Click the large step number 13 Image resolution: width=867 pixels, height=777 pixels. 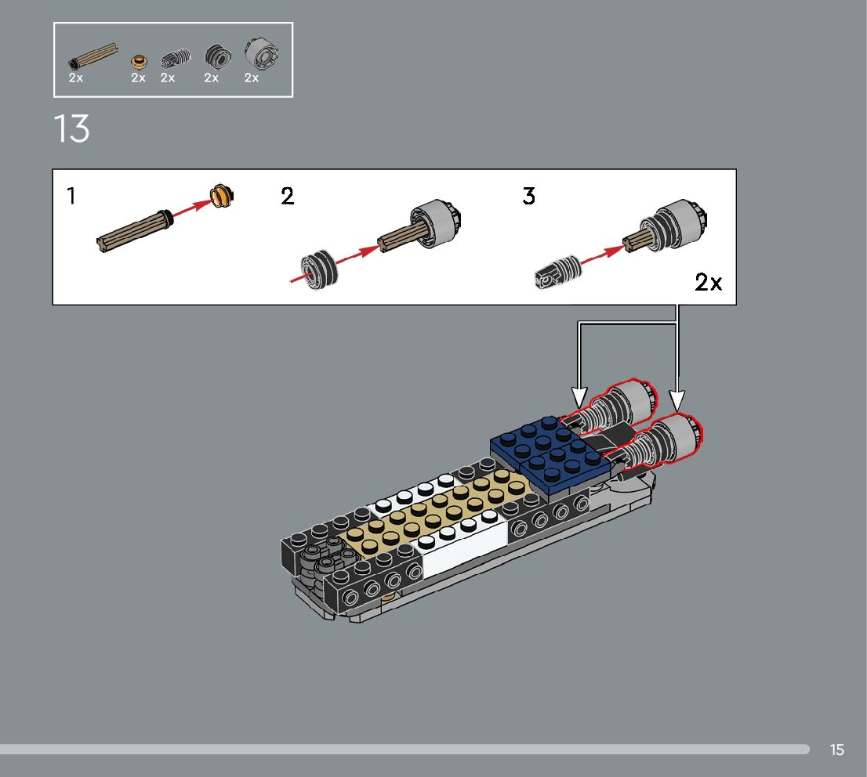pos(71,128)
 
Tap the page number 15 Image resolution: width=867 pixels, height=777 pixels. pos(836,750)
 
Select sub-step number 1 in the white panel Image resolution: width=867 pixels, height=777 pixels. pos(71,196)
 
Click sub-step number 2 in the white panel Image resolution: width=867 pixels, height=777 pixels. pos(288,196)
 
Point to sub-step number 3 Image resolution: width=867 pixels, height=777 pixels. pos(528,196)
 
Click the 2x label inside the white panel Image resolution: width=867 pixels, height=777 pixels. pos(709,282)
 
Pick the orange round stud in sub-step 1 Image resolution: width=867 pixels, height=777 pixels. pos(222,196)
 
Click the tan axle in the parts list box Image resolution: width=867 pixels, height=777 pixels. pos(93,56)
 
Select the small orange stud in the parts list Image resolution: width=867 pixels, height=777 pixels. pos(140,60)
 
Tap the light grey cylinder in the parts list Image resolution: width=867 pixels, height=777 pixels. pos(261,53)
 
